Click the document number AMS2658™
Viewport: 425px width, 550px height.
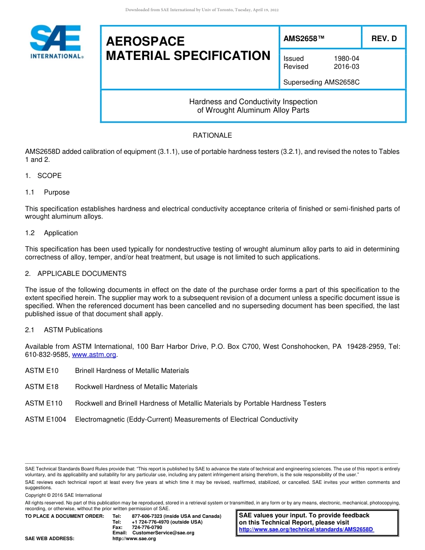[x=304, y=39]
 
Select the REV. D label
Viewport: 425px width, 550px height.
[x=384, y=39]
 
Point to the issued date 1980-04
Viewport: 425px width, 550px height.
[x=346, y=59]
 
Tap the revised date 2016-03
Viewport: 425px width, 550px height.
[x=346, y=67]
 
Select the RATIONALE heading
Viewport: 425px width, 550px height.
[x=212, y=135]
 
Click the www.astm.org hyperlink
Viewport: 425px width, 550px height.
[x=94, y=355]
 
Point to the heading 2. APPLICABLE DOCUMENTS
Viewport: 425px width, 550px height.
[x=76, y=274]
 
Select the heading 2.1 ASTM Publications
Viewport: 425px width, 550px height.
[x=64, y=330]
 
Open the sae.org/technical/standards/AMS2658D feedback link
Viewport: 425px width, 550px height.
[x=306, y=529]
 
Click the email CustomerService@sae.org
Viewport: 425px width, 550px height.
[x=163, y=533]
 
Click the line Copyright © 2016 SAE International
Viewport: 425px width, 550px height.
[x=64, y=495]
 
